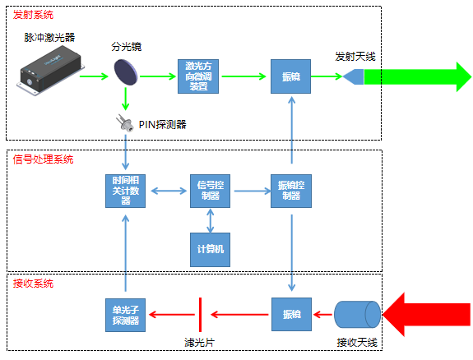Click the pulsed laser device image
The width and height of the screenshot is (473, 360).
(x=51, y=71)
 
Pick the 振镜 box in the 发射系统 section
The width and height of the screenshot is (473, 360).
(x=291, y=76)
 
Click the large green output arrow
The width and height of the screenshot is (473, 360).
(x=416, y=76)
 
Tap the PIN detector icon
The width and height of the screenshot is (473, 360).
(x=126, y=123)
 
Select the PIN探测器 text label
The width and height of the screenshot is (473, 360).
(x=163, y=124)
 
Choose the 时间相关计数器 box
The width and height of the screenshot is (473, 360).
(x=126, y=192)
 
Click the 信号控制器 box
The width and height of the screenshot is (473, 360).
(x=211, y=192)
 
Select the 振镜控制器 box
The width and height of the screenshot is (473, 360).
(x=291, y=192)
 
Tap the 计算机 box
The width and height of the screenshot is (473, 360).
(x=211, y=247)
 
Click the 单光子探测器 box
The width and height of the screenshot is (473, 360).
(x=126, y=313)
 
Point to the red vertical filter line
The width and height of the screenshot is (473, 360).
(x=200, y=313)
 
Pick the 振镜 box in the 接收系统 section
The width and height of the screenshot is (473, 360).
(x=291, y=313)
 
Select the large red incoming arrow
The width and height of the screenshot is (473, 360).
(x=430, y=313)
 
